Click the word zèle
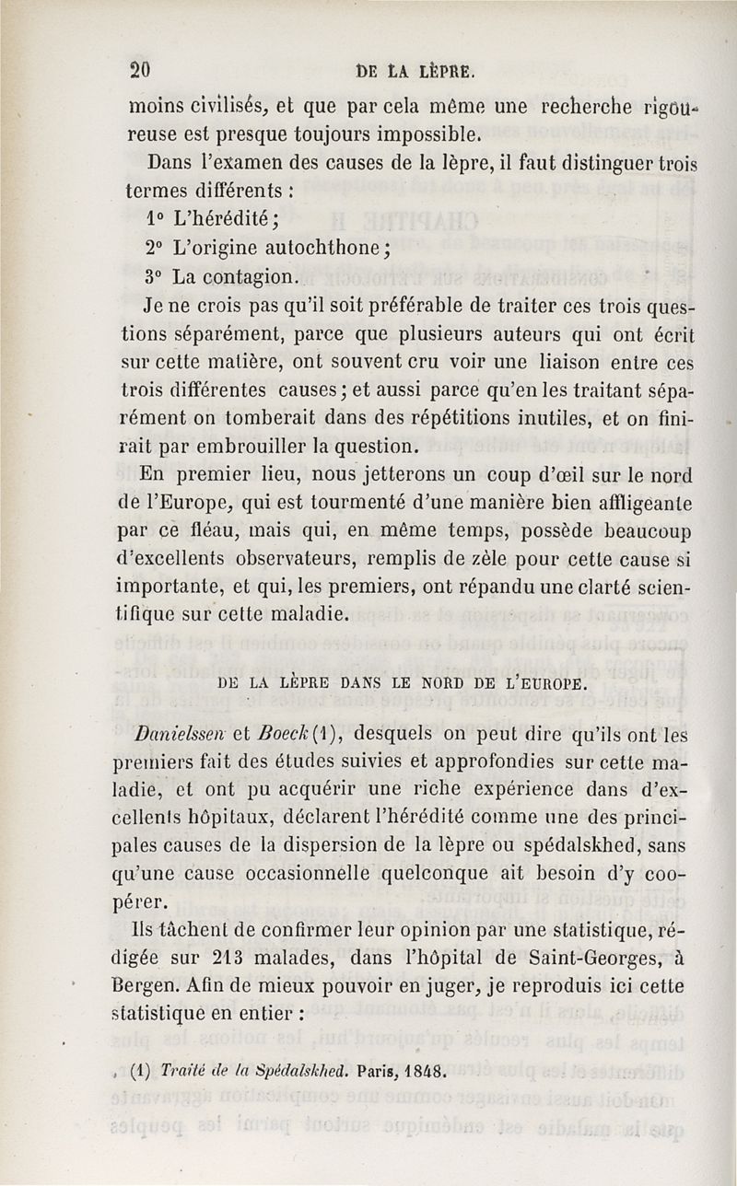(476, 560)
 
